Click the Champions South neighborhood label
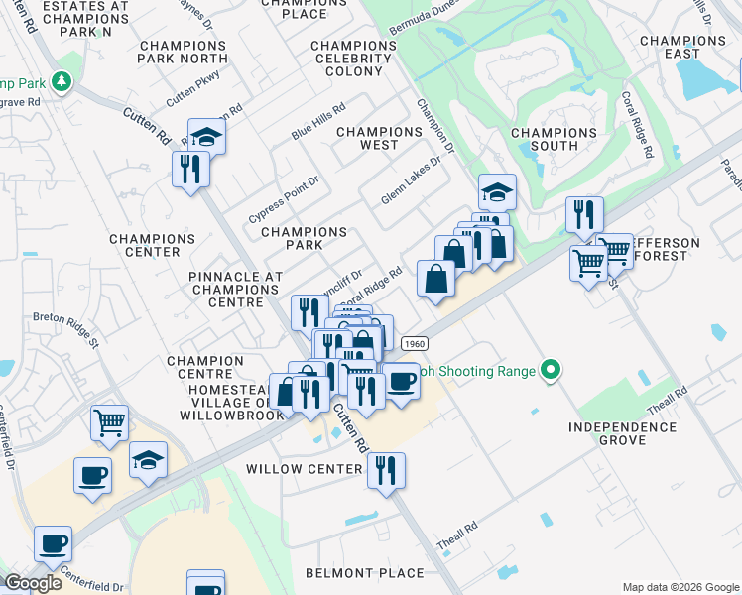(x=554, y=139)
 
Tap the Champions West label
(x=380, y=138)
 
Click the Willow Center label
(x=305, y=469)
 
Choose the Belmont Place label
(x=366, y=573)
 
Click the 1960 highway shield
(x=415, y=343)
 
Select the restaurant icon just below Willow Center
(x=386, y=470)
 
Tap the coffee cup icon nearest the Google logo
(x=53, y=543)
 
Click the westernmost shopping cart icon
(x=109, y=423)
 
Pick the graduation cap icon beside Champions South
(x=497, y=191)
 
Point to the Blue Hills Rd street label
(x=317, y=122)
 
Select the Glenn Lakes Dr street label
(x=410, y=180)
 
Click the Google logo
(x=34, y=583)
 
